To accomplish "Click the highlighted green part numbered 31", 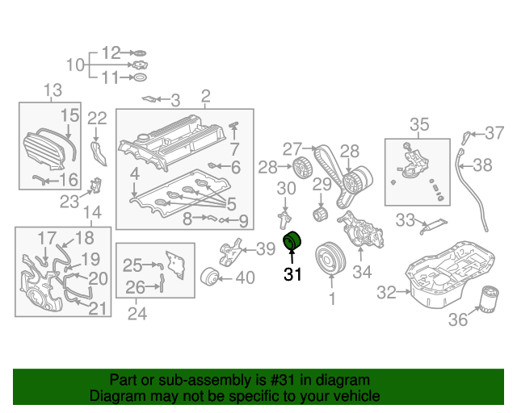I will (x=293, y=241).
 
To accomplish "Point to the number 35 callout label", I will (x=419, y=124).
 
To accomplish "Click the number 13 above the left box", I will (x=53, y=90).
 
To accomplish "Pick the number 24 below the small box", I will (x=137, y=313).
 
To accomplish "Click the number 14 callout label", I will (x=92, y=213).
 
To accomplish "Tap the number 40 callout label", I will (x=244, y=278).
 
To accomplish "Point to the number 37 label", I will (x=493, y=131).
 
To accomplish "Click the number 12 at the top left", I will (x=111, y=53).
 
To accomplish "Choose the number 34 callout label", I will (x=362, y=273).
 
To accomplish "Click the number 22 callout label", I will (x=97, y=118).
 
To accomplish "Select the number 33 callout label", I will (x=404, y=219).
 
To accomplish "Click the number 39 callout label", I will (x=266, y=250).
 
